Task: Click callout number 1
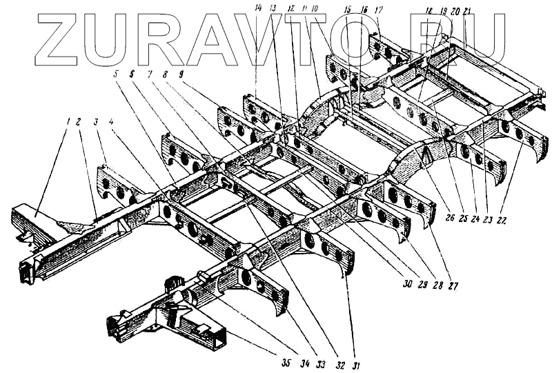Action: tap(69, 121)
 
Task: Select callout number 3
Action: tap(97, 122)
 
